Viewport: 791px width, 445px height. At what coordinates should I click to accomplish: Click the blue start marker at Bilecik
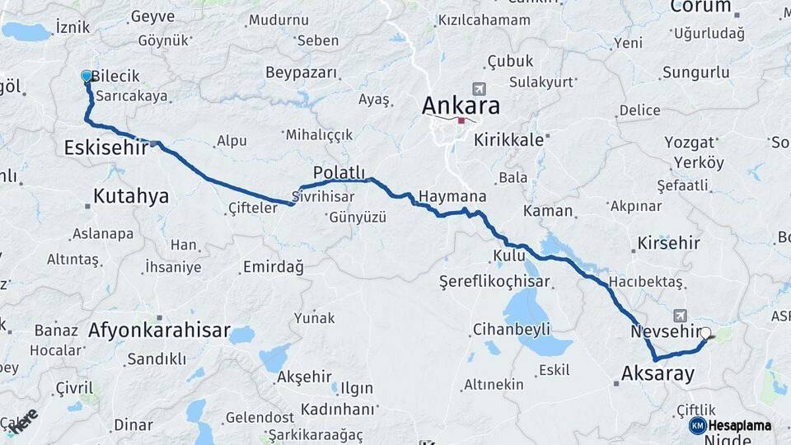87,76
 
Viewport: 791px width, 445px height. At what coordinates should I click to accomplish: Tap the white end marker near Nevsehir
705,334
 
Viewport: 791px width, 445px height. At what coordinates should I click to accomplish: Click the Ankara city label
461,105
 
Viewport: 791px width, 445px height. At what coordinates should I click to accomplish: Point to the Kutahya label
131,196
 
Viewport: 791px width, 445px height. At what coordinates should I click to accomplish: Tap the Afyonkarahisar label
159,330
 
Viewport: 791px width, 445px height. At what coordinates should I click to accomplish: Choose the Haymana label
452,196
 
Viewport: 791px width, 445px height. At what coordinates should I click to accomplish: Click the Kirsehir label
668,243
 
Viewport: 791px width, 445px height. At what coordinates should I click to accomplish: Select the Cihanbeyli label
511,330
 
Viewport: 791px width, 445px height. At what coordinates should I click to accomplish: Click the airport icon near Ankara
477,88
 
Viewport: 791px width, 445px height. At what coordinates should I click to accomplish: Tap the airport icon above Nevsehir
680,315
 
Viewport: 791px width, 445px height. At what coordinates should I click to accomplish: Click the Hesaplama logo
730,425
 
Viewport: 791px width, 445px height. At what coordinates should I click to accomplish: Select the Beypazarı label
302,73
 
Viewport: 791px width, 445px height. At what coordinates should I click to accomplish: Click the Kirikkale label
508,140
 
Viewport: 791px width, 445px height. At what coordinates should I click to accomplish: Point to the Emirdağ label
273,267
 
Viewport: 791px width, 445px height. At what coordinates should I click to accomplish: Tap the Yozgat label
690,142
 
